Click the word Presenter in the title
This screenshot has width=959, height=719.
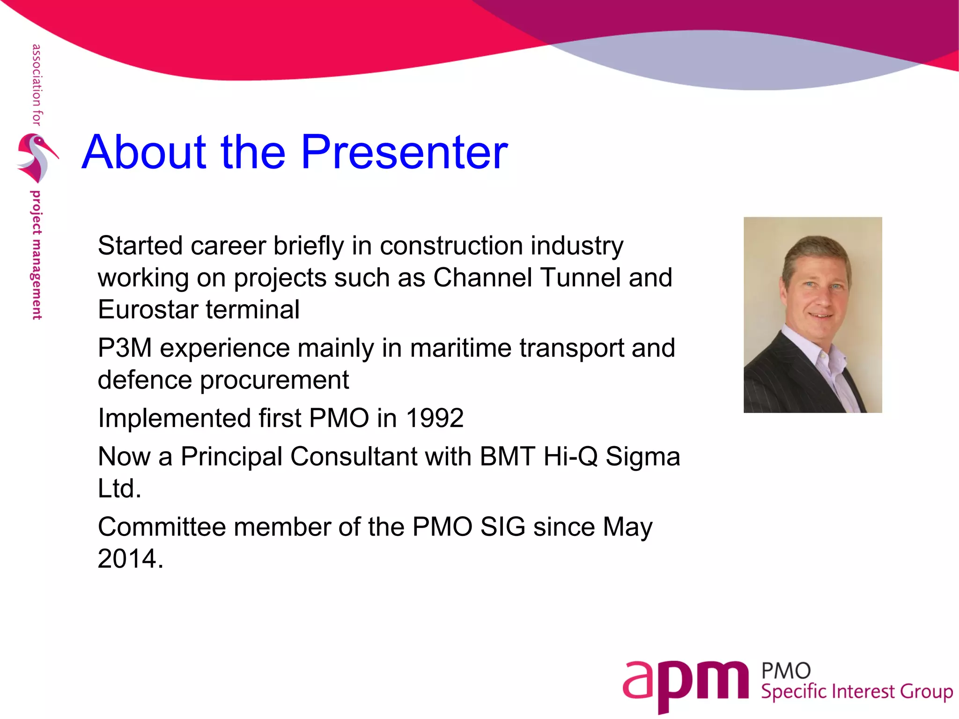click(x=404, y=152)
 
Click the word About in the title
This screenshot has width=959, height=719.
click(x=144, y=152)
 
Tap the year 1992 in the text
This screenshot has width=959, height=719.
click(x=435, y=418)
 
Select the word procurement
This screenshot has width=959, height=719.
click(x=274, y=380)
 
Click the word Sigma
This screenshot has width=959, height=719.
click(x=642, y=457)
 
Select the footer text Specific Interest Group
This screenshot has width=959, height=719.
click(x=856, y=692)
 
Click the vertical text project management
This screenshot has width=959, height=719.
click(x=36, y=255)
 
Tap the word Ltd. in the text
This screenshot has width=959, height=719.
click(x=119, y=489)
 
